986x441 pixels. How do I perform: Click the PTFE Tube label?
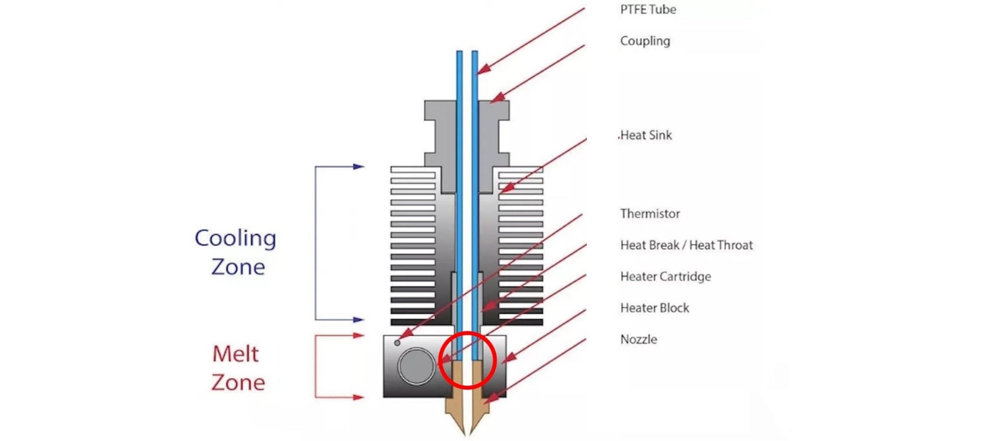click(648, 9)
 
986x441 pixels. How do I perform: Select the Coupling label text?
click(645, 41)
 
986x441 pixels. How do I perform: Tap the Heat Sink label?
click(646, 135)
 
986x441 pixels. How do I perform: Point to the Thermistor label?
click(650, 214)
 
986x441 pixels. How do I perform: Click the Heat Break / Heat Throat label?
click(686, 245)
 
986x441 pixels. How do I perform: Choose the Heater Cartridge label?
click(665, 277)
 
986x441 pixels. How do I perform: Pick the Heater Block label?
click(654, 308)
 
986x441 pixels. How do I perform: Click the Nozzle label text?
click(638, 339)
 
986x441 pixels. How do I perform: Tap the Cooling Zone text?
click(236, 252)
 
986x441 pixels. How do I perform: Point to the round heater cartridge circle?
click(416, 366)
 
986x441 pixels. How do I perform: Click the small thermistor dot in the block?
click(398, 343)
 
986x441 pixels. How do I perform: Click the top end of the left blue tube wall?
click(459, 52)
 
